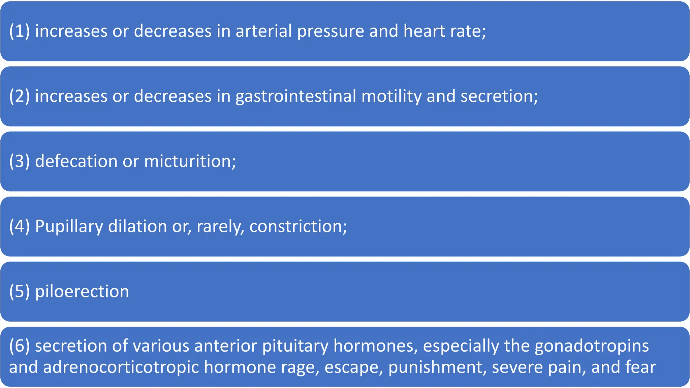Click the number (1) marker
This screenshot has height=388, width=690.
(x=20, y=31)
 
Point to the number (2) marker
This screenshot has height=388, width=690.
(x=20, y=96)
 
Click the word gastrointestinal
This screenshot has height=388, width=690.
(x=295, y=96)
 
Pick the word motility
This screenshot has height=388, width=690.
(x=391, y=96)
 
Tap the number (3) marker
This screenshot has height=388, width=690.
(x=20, y=161)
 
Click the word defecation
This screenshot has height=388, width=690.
(x=76, y=161)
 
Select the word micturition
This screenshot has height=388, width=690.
(x=190, y=161)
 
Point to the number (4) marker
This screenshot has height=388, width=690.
(x=20, y=226)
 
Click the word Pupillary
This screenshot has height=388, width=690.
(x=69, y=226)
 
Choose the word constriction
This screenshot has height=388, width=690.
(x=298, y=226)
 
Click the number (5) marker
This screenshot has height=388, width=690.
(x=20, y=291)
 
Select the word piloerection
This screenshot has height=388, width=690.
(x=82, y=291)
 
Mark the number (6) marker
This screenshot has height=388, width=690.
(x=20, y=346)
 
